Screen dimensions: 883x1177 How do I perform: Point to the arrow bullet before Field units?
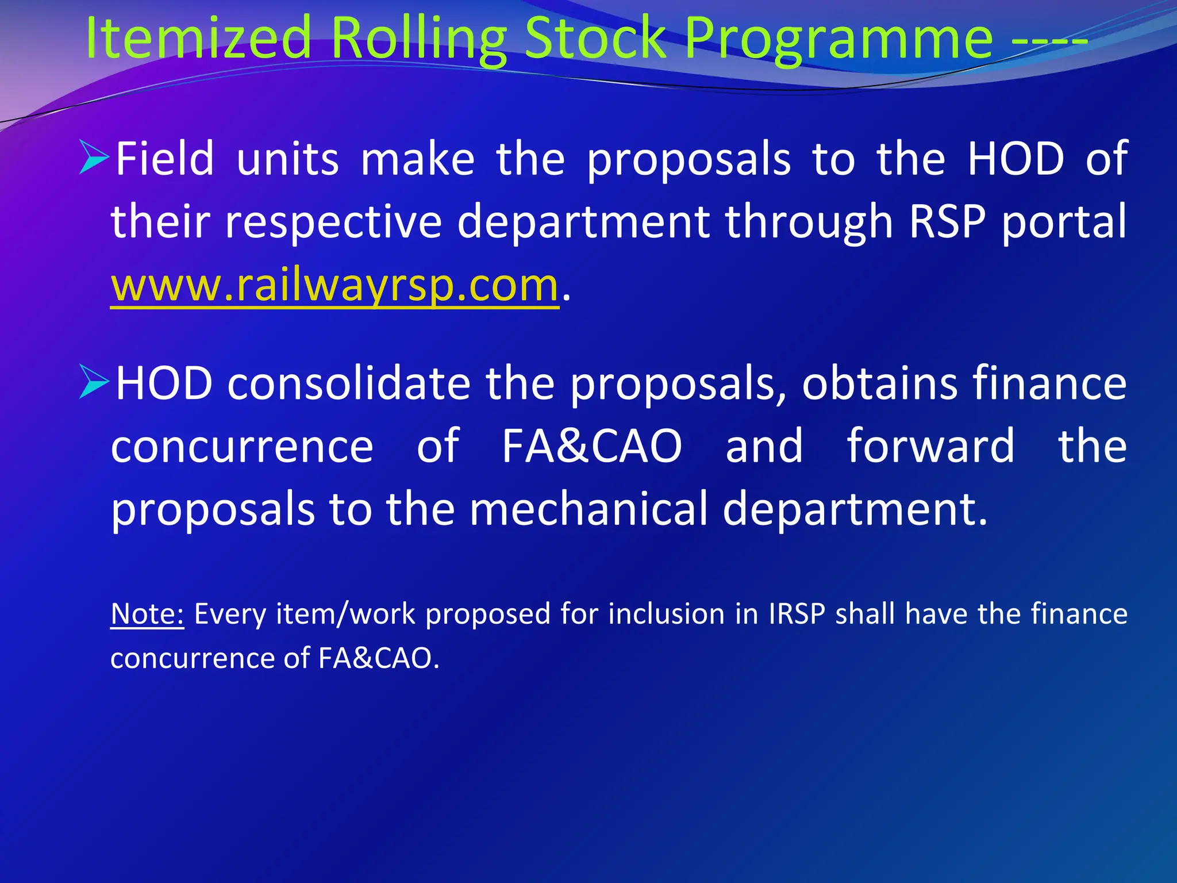pyautogui.click(x=94, y=158)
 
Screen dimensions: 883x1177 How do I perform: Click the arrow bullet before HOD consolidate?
pyautogui.click(x=94, y=382)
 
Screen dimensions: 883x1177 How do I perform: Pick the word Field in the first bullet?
pyautogui.click(x=165, y=159)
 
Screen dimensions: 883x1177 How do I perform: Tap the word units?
pyautogui.click(x=287, y=160)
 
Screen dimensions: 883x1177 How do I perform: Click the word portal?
pyautogui.click(x=1064, y=223)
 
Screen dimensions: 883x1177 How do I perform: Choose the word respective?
pyautogui.click(x=334, y=223)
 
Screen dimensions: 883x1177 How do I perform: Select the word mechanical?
pyautogui.click(x=589, y=508)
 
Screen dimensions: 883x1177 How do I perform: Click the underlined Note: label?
pyautogui.click(x=147, y=613)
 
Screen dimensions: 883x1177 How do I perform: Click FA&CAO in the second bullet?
pyautogui.click(x=592, y=446)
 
